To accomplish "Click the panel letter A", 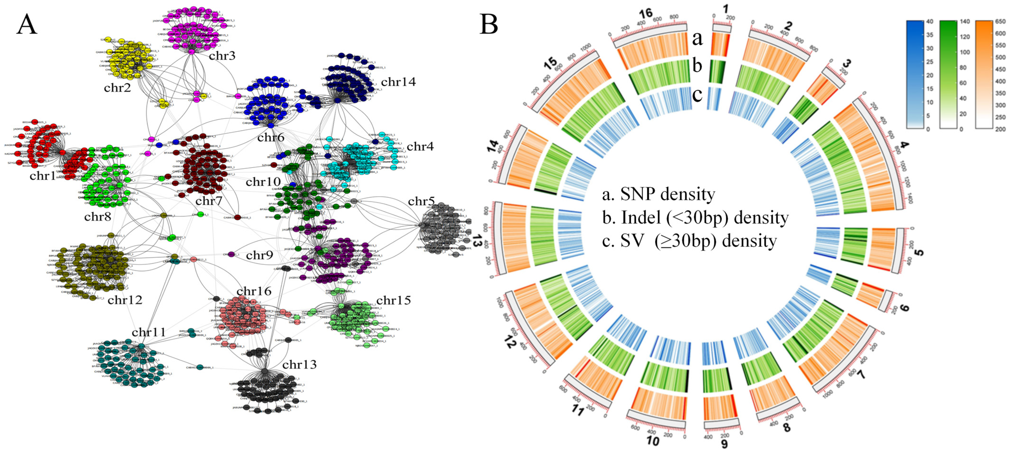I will (27, 24).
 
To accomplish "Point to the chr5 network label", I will (421, 201).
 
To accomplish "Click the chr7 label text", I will (209, 201).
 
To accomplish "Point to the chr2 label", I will (117, 88).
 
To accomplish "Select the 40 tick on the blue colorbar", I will (930, 22).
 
